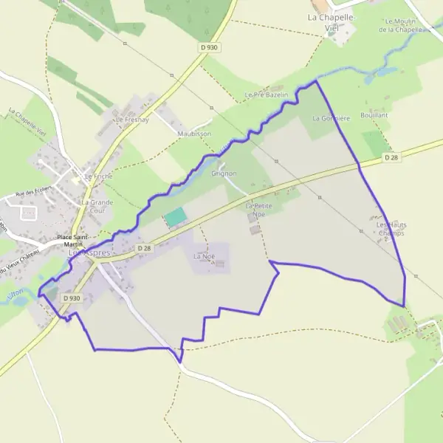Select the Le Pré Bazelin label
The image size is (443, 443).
pos(265,95)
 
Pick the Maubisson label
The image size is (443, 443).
pos(193,134)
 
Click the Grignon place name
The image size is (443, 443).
pos(223,174)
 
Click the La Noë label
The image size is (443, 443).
pos(202,256)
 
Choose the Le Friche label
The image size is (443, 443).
pos(97,176)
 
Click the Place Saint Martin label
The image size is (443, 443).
pos(72,241)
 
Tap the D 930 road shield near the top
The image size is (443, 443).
pos(209,47)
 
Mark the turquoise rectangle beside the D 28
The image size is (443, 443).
pos(175,217)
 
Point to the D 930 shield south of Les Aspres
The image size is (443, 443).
pos(71,298)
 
